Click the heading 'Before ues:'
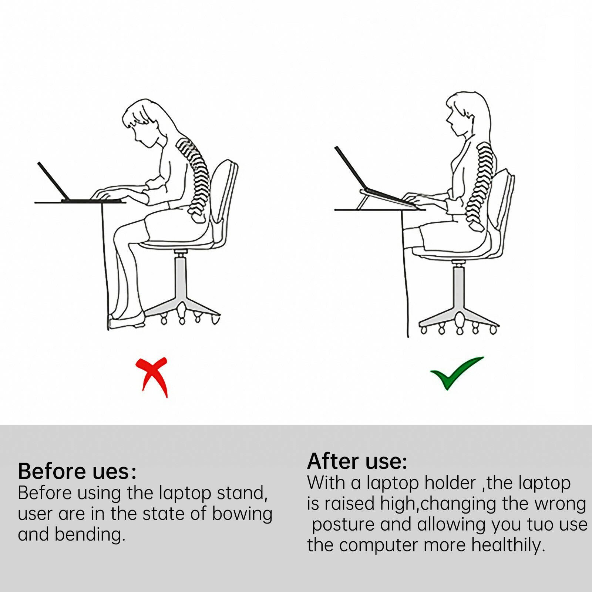pos(77,471)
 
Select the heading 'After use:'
pos(357,461)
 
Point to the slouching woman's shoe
pos(127,320)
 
